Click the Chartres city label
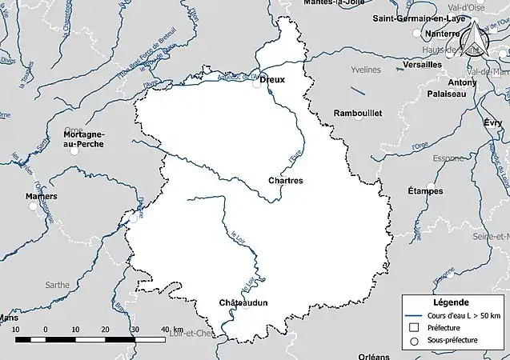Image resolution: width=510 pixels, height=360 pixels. (286, 181)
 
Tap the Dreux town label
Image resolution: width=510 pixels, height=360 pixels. (272, 79)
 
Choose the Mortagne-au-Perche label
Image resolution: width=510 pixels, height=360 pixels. (84, 139)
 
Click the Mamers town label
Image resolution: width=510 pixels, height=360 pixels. (41, 196)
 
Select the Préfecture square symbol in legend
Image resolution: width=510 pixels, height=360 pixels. (415, 327)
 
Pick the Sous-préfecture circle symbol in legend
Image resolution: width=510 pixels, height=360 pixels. (415, 340)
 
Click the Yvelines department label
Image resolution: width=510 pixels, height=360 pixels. (366, 70)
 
